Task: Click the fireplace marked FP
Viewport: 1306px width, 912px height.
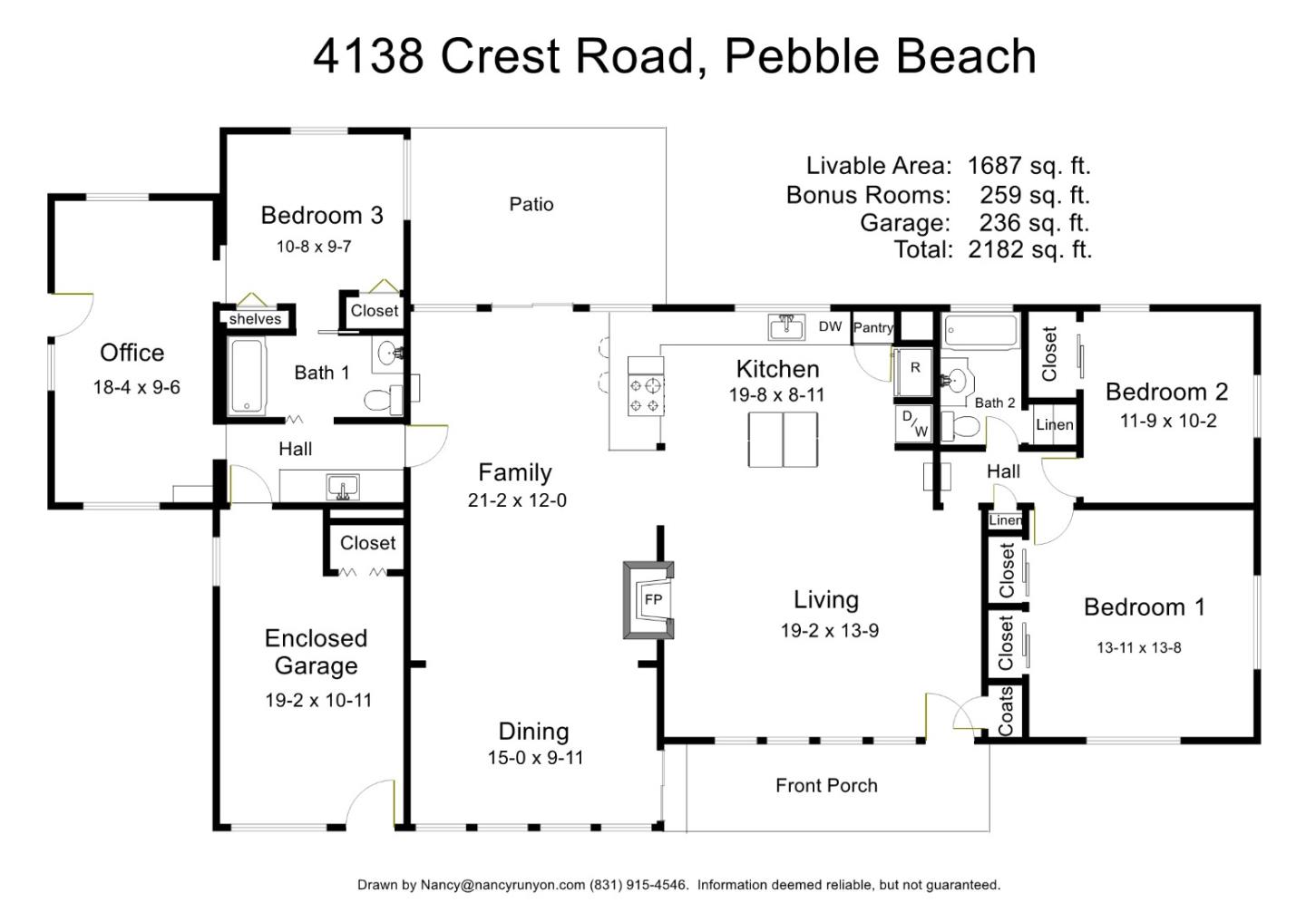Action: (648, 599)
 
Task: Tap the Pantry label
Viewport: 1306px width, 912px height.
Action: (872, 327)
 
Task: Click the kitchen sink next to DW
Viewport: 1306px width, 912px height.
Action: (786, 327)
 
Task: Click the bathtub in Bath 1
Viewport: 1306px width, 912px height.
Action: (248, 376)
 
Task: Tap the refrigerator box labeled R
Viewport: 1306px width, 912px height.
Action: (915, 372)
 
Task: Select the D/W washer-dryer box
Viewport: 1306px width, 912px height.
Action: (914, 423)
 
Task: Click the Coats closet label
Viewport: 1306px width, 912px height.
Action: (1005, 711)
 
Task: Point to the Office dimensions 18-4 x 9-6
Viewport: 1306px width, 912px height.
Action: (136, 387)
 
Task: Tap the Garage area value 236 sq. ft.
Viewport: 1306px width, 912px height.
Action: (1034, 223)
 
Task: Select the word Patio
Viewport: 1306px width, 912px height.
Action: (531, 204)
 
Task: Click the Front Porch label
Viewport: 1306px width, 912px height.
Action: (826, 786)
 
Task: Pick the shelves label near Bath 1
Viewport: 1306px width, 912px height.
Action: (255, 319)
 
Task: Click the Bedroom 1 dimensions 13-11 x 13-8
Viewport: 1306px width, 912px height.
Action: (1139, 648)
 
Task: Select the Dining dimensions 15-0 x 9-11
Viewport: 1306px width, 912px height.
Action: (535, 758)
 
